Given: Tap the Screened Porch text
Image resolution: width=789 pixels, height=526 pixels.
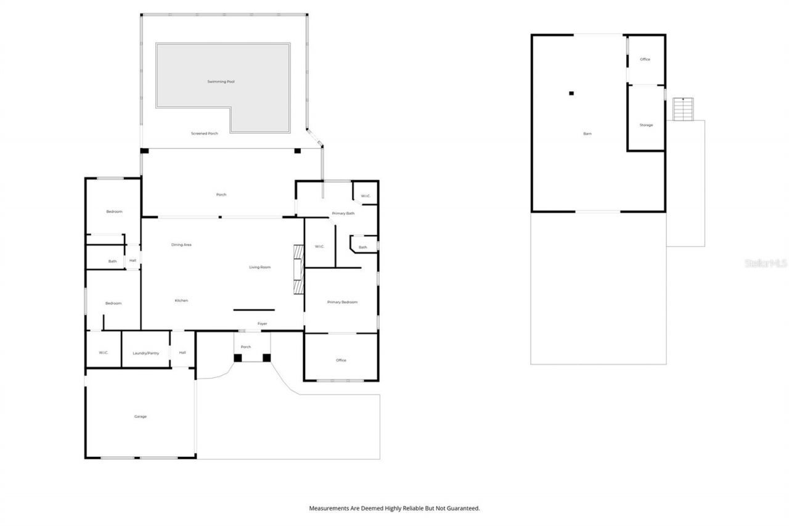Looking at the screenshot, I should click(204, 133).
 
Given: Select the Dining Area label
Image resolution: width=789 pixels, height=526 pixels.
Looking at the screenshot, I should click(181, 245).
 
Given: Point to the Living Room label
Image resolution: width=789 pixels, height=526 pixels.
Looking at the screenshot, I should click(260, 267).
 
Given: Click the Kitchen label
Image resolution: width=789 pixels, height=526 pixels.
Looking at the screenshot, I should click(181, 300).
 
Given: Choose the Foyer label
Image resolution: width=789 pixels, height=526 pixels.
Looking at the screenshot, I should click(262, 323).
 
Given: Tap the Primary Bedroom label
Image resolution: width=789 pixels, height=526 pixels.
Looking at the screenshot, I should click(342, 302).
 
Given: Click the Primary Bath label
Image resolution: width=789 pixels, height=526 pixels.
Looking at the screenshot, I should click(343, 213).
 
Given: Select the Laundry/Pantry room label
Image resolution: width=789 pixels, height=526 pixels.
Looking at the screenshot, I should click(145, 353).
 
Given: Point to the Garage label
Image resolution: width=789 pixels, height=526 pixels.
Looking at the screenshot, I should click(141, 416).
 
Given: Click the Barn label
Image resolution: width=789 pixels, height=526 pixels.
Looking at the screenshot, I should click(587, 133).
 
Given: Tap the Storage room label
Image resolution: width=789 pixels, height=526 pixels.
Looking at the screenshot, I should click(646, 125).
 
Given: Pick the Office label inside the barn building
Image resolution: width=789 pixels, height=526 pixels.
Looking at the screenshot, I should click(645, 59).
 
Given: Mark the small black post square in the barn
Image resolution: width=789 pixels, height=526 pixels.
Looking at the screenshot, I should click(571, 93).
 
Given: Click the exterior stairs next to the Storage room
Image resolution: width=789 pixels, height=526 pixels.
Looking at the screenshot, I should click(683, 109).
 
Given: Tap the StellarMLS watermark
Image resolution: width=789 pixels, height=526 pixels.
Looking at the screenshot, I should click(766, 263).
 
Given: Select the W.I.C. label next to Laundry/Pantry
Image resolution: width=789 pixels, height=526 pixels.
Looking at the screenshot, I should click(103, 352).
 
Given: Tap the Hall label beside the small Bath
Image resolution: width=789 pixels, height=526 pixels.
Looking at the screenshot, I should click(133, 260).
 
